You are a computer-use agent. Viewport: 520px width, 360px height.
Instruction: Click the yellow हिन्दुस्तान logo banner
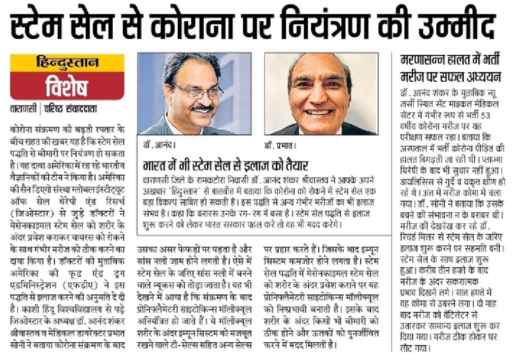pyautogui.click(x=68, y=63)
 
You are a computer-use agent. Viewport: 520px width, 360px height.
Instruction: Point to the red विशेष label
pyautogui.click(x=67, y=87)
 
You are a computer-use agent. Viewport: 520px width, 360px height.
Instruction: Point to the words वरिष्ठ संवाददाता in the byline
pyautogui.click(x=71, y=109)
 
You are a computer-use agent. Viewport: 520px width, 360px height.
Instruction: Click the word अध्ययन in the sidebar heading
pyautogui.click(x=482, y=77)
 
